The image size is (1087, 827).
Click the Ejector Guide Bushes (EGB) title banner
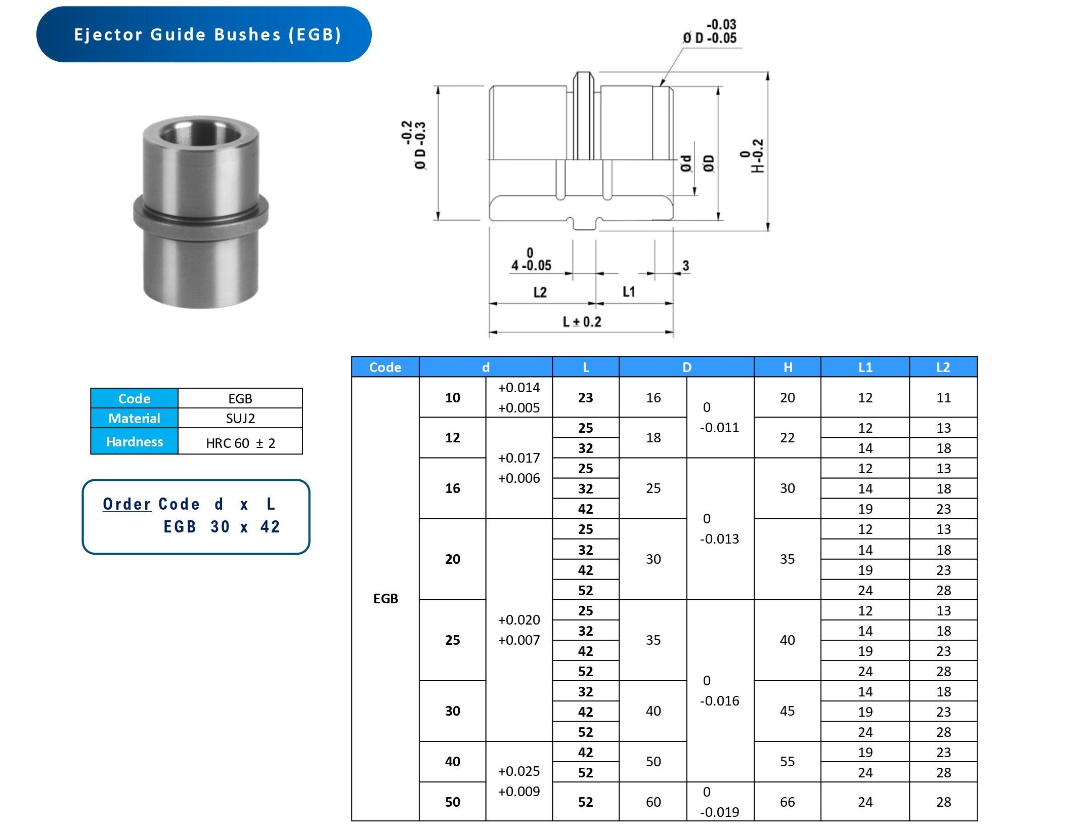204,34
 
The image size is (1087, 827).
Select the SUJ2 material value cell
240,418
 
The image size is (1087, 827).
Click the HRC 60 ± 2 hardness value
240,443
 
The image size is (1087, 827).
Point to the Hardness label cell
135,441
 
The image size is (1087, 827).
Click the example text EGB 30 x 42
221,526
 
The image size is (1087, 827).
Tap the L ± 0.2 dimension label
582,322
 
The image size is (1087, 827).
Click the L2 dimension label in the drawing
540,292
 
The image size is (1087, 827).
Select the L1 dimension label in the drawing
629,292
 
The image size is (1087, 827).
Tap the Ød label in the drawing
686,163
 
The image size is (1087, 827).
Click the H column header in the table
788,367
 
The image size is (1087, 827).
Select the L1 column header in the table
865,367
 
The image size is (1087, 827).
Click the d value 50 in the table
452,802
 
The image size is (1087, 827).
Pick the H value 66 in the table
787,802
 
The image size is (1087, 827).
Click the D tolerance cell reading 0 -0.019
719,802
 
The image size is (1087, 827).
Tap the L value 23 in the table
585,398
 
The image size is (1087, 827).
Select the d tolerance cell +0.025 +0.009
519,781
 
